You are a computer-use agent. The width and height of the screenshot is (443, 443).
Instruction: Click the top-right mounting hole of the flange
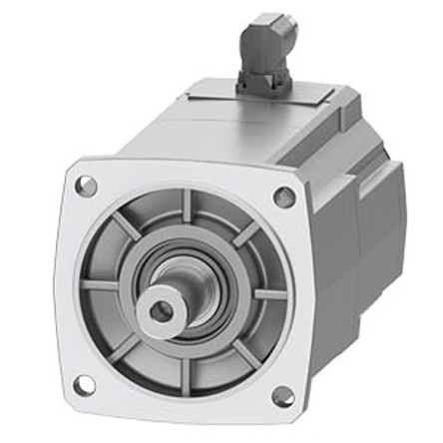tap(284, 198)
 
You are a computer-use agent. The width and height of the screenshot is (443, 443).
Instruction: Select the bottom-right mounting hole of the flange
tap(282, 397)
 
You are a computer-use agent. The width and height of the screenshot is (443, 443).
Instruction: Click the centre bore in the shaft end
tap(160, 312)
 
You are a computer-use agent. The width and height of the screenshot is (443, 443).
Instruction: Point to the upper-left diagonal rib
tap(129, 228)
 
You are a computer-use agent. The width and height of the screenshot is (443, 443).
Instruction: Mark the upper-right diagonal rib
tap(245, 237)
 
